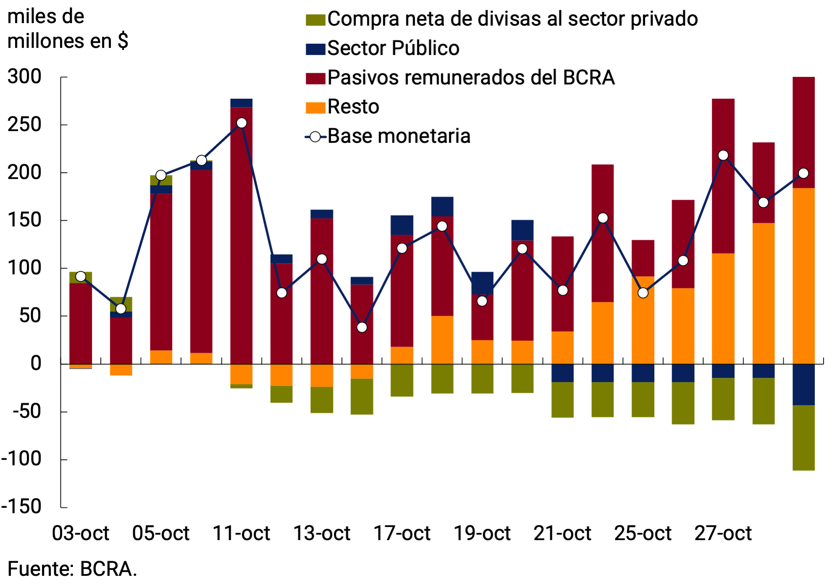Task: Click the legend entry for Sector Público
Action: (393, 48)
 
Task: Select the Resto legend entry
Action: (353, 107)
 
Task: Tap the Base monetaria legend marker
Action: (315, 137)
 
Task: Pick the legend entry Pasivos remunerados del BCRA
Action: (471, 78)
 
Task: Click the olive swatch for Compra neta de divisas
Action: (315, 20)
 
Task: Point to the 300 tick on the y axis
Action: (24, 77)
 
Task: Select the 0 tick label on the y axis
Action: (36, 364)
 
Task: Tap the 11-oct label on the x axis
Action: (241, 533)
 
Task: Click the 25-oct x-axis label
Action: (643, 533)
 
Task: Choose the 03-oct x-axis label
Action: (80, 533)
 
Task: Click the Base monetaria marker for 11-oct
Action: (242, 123)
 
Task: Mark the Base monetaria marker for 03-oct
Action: (81, 277)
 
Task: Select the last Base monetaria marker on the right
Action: (803, 173)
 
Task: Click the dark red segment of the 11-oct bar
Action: (242, 235)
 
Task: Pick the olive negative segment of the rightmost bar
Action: (803, 437)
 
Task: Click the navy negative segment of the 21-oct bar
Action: (562, 373)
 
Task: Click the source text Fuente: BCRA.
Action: (72, 569)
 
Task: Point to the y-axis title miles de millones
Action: (67, 29)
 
